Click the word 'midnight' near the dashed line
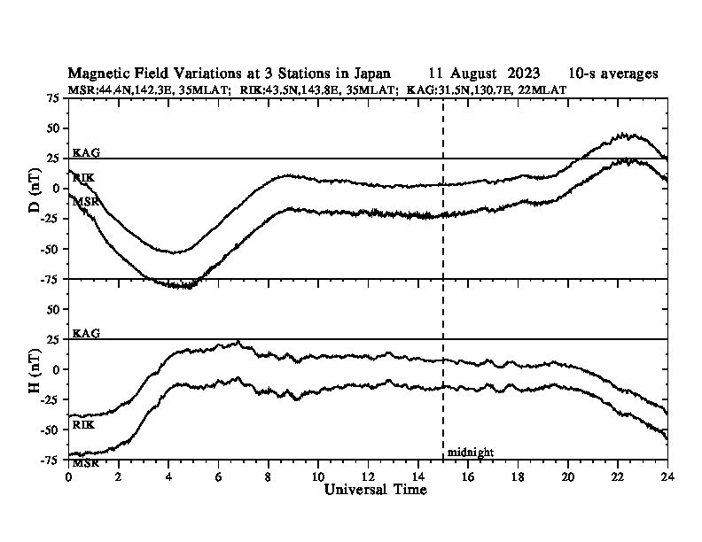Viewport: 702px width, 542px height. point(470,453)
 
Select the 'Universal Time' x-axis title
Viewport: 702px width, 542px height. point(375,490)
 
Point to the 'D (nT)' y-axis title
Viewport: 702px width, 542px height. point(35,190)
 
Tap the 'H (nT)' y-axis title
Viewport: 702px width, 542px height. point(35,371)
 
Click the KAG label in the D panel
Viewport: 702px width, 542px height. point(86,152)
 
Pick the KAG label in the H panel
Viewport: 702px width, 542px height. point(86,333)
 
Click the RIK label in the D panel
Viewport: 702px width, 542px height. point(83,178)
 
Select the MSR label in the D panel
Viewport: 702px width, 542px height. point(86,202)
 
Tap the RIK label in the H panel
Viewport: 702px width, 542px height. point(83,425)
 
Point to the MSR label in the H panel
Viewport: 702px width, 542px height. point(86,463)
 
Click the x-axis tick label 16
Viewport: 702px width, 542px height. point(468,476)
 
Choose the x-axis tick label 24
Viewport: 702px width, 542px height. point(667,476)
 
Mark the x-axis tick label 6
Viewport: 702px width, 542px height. point(218,476)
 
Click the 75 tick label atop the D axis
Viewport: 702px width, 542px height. point(53,98)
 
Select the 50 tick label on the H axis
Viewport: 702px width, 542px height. point(53,309)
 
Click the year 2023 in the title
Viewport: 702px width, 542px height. point(524,74)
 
